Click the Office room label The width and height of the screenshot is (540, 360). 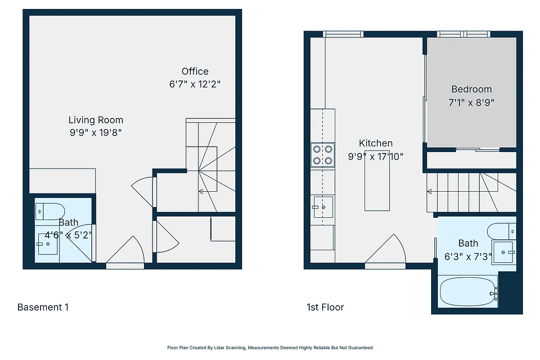[195, 71]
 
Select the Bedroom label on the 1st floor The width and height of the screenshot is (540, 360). [471, 89]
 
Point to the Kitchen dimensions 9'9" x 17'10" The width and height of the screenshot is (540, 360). [375, 157]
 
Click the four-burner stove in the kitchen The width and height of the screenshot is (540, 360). [323, 154]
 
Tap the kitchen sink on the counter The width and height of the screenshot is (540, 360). [323, 207]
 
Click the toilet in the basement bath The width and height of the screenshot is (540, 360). [50, 210]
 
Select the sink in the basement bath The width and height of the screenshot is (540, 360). [47, 243]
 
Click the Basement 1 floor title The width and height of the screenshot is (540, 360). [43, 307]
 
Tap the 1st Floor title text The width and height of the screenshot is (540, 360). [325, 307]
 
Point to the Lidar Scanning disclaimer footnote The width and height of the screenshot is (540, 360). [270, 348]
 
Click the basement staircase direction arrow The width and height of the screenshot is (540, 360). [201, 192]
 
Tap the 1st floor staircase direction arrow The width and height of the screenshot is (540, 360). [430, 192]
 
